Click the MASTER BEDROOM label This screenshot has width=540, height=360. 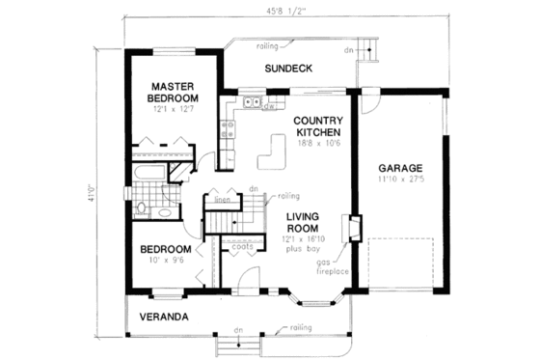coord(174,92)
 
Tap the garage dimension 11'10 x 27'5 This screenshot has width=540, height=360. coord(399,179)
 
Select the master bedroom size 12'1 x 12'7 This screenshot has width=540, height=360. coord(174,109)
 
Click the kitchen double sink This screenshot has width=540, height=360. coord(252,101)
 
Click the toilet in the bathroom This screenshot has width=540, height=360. coord(142,207)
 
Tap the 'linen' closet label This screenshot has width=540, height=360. coord(221,200)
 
